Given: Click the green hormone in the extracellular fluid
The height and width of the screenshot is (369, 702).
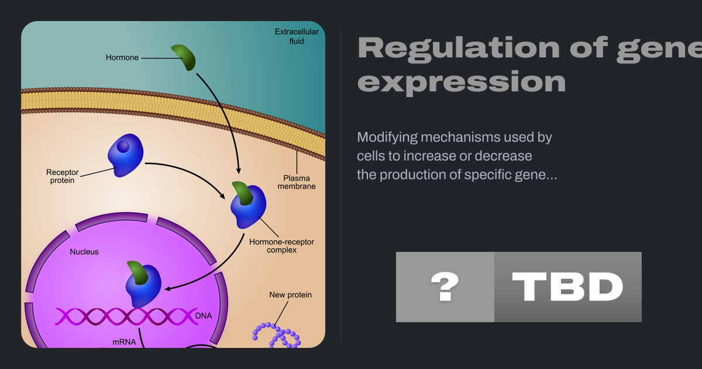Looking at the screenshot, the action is (184, 57).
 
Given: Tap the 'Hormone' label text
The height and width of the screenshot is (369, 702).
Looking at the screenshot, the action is (122, 58).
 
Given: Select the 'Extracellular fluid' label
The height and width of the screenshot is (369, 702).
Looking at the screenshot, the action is (297, 36).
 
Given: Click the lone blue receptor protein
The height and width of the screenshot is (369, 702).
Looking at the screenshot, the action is (125, 155).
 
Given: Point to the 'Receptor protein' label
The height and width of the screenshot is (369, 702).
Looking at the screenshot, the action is (63, 176).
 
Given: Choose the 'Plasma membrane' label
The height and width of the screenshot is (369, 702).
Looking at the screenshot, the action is (297, 182).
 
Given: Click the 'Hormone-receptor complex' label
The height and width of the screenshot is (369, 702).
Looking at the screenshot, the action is (282, 246).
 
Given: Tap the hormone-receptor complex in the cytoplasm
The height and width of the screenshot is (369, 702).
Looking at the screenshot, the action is (248, 205).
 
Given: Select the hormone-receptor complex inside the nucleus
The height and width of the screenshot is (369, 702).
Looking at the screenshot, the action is (143, 284).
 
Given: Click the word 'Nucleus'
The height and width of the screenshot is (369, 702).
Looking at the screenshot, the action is (84, 252).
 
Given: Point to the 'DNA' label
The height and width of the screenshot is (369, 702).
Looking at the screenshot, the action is (204, 316).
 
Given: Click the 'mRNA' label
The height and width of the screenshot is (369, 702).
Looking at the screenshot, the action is (124, 342).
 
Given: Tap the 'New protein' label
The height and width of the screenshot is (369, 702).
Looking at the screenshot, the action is (291, 295).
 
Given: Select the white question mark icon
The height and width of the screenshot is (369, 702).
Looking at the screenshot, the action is (445, 286).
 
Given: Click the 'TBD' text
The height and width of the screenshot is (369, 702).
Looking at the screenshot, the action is (567, 287).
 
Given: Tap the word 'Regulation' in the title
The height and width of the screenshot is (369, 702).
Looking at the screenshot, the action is (459, 47).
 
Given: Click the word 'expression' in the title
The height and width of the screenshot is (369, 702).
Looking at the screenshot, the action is (462, 82).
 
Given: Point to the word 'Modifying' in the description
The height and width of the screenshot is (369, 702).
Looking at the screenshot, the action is (387, 138).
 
